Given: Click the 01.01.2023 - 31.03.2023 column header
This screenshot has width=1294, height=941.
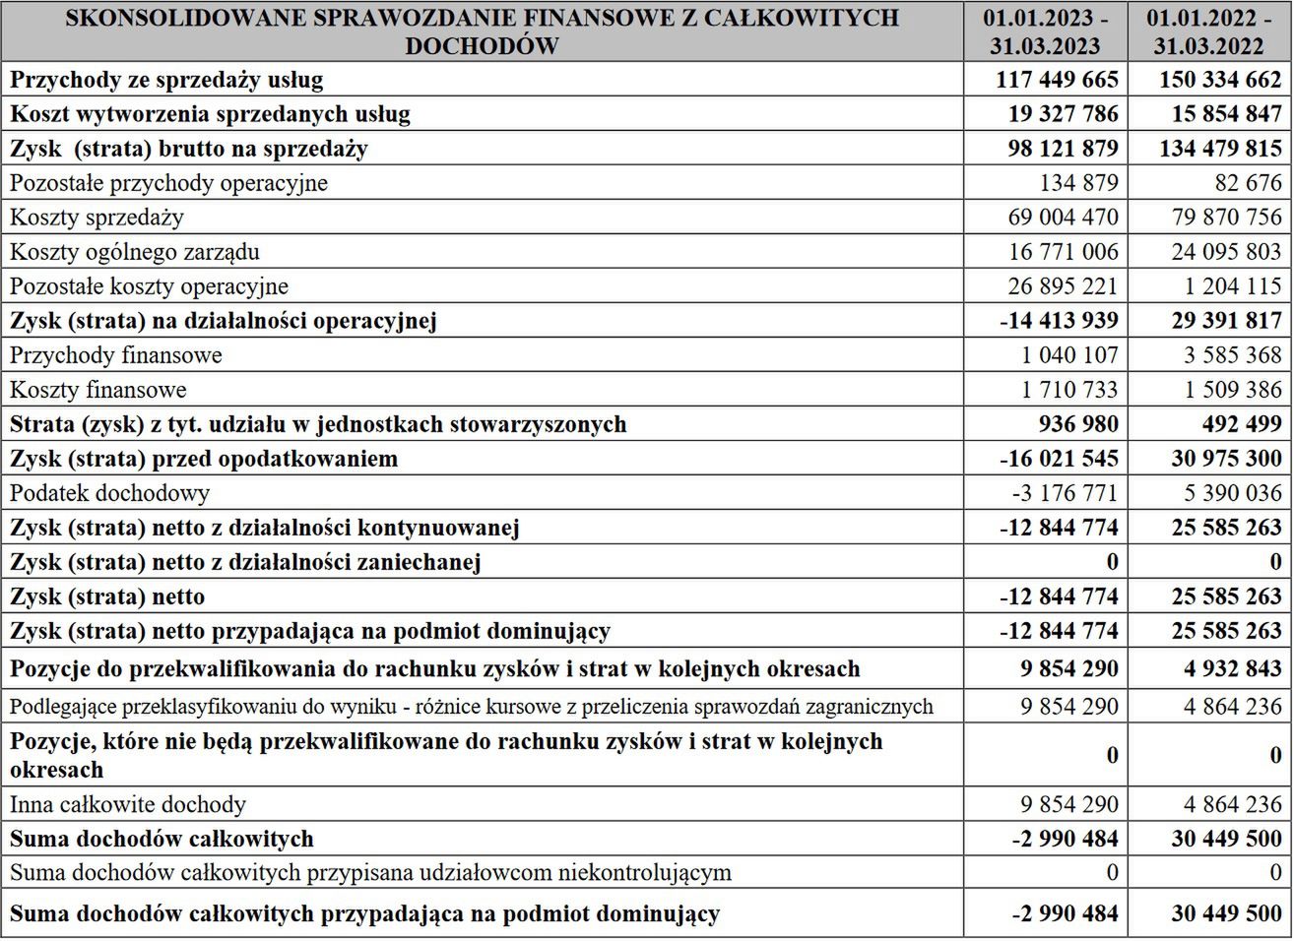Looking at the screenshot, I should click(x=1046, y=31).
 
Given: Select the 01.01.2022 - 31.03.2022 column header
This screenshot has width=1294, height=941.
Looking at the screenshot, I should click(x=1209, y=31).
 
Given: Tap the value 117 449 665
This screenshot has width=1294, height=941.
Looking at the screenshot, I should click(x=1057, y=80).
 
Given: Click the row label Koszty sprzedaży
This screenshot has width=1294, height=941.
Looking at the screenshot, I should click(x=97, y=218).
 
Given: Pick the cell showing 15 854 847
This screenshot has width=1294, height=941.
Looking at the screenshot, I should click(x=1226, y=114).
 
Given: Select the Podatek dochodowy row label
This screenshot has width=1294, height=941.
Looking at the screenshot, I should click(x=109, y=493).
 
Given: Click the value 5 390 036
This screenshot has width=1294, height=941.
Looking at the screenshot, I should click(x=1226, y=493).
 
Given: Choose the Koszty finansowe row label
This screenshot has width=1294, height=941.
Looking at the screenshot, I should click(x=97, y=390).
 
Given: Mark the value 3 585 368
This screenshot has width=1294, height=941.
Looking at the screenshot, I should click(x=1226, y=355).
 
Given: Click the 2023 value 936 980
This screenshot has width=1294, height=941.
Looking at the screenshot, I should click(x=1078, y=424).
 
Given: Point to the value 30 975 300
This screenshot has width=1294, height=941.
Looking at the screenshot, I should click(x=1226, y=459).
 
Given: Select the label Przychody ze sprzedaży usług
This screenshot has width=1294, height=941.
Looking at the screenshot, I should click(x=166, y=80).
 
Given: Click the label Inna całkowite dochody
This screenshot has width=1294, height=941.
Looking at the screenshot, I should click(x=128, y=805).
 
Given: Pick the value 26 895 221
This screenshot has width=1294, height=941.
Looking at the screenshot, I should click(x=1063, y=286).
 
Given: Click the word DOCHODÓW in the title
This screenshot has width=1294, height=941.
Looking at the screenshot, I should click(x=482, y=46).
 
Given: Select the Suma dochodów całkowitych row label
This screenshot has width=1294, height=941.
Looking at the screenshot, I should click(x=162, y=840).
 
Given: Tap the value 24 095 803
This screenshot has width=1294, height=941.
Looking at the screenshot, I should click(x=1226, y=252).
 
